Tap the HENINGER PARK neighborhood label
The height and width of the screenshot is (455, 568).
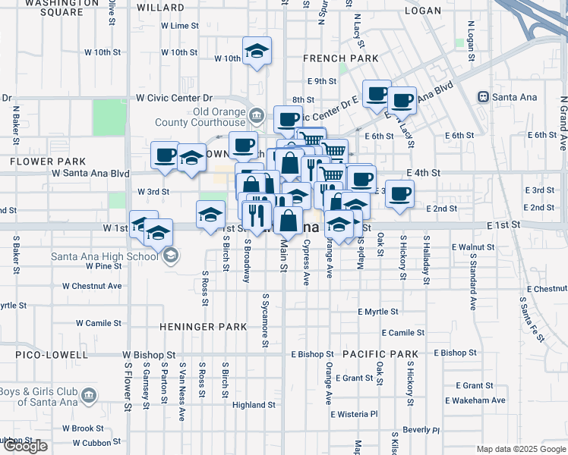pos(204,327)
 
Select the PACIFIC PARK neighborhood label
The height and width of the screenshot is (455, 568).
pos(380,354)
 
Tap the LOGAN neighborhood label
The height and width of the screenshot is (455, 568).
pos(423,11)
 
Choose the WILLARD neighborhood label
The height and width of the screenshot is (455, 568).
pos(162,8)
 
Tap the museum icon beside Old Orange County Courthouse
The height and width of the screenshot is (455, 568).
pos(256,115)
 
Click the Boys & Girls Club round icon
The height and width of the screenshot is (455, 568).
pos(90,395)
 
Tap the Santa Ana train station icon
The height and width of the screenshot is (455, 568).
pos(482,97)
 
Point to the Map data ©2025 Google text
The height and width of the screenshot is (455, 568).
pos(520,449)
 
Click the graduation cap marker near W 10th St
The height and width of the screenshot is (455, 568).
pos(257,52)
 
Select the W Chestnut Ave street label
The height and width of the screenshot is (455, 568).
pos(92,286)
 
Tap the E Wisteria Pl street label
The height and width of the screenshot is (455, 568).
pos(354,414)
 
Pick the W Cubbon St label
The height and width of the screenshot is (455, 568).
pos(86,443)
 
